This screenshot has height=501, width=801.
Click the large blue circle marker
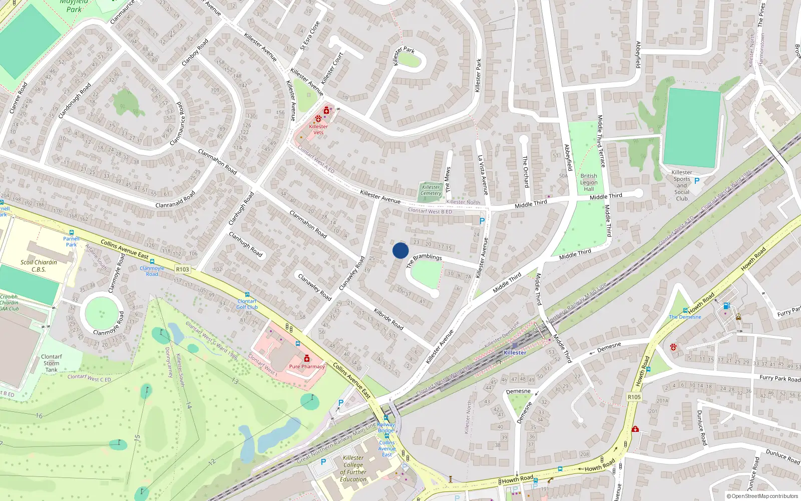click(400, 250)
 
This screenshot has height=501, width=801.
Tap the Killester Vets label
click(318, 129)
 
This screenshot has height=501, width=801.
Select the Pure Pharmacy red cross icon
click(307, 358)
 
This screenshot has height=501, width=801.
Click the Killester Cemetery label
click(431, 190)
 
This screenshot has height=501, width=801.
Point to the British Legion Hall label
click(589, 182)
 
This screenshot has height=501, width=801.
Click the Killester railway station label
click(515, 353)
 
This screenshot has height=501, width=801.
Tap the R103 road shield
click(183, 270)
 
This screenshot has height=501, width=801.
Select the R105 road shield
click(634, 397)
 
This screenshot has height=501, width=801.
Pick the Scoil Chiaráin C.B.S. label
click(39, 266)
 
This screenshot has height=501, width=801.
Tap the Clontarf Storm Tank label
click(51, 363)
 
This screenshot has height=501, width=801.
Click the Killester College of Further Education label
click(353, 468)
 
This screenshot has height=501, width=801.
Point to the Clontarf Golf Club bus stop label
click(247, 304)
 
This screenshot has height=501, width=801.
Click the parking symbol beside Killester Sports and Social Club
click(696, 181)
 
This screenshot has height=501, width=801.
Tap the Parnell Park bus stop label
click(72, 241)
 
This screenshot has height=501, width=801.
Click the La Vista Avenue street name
click(483, 174)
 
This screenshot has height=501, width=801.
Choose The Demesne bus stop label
click(685, 317)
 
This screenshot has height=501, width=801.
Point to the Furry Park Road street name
click(780, 378)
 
